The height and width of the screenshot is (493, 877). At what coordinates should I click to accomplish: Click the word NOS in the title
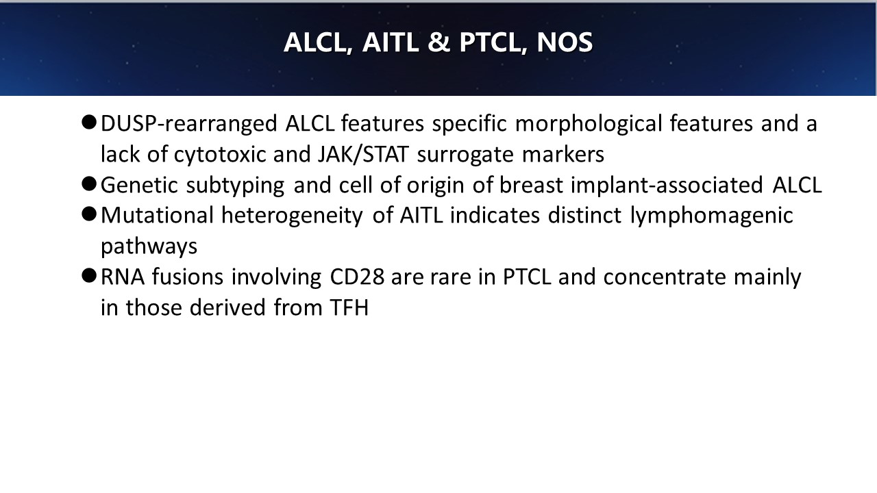(565, 42)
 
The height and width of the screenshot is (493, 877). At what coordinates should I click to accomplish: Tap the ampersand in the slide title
(439, 42)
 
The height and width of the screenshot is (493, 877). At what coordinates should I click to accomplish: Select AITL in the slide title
(391, 42)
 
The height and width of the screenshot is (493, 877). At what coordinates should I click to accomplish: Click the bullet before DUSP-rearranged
(89, 122)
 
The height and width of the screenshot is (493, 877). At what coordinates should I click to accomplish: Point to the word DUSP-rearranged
(189, 124)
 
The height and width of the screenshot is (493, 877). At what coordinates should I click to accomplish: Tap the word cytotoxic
(220, 155)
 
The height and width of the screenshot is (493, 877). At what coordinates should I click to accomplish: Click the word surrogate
(465, 155)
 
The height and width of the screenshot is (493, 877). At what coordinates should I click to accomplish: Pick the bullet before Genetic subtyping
(89, 184)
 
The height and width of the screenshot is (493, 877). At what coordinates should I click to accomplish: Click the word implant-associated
(667, 185)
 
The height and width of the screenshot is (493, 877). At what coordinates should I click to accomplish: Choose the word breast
(531, 185)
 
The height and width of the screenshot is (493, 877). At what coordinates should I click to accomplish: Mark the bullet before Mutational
(89, 214)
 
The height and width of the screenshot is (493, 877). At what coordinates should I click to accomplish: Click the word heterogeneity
(292, 216)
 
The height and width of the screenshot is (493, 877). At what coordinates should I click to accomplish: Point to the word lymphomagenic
(711, 216)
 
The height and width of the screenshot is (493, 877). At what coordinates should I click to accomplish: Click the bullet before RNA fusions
(89, 276)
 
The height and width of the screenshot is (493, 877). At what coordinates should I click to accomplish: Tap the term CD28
(357, 277)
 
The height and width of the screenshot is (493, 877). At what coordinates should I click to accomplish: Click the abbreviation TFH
(349, 308)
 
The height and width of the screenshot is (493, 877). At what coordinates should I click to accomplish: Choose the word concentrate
(665, 277)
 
